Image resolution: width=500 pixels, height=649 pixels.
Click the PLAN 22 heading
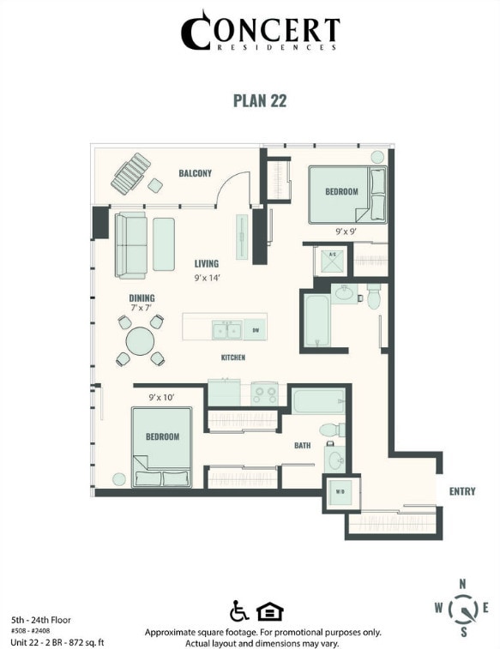(x=259, y=100)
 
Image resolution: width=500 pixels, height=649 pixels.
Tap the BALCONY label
(x=195, y=174)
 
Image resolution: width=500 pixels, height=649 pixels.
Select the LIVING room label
(x=206, y=264)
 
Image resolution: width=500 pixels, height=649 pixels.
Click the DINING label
(x=142, y=298)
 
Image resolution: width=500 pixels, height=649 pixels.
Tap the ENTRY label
(x=461, y=491)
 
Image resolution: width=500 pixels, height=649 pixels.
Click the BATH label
(x=302, y=446)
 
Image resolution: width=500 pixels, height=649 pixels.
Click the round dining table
(x=141, y=341)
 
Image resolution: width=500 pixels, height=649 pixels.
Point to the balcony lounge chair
(x=131, y=174)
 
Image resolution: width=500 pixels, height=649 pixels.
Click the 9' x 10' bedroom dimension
(x=161, y=398)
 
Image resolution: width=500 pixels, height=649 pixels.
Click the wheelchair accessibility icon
(x=239, y=611)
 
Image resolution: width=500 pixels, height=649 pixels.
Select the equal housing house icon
(x=269, y=611)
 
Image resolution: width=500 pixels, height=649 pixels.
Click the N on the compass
(x=463, y=585)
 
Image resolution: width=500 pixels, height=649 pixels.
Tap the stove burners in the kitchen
(x=265, y=394)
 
